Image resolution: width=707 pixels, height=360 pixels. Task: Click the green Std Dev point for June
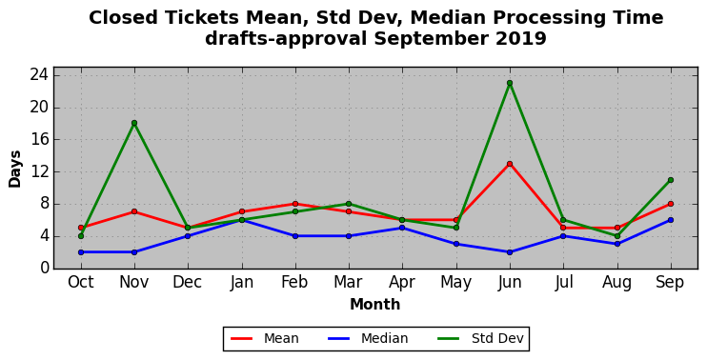tap(510, 83)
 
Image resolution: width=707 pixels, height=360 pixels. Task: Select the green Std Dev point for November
tap(134, 123)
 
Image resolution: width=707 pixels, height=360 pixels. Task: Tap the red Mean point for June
tap(510, 164)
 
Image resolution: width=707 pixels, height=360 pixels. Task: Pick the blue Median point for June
tap(510, 252)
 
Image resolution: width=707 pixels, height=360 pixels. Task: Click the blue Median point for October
tap(81, 252)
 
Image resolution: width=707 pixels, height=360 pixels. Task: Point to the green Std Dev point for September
tap(671, 180)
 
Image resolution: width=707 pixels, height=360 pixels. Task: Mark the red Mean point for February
tap(295, 204)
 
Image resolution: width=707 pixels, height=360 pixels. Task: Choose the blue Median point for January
tap(242, 220)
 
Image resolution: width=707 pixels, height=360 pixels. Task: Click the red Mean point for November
tap(134, 211)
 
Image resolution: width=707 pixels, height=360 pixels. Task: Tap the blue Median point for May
tap(455, 244)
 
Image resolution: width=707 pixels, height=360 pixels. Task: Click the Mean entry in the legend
tap(265, 338)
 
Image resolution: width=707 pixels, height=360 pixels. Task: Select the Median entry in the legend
tap(368, 338)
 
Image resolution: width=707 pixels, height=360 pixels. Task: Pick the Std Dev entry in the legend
tap(480, 338)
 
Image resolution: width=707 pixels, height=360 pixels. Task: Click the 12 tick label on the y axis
tap(40, 171)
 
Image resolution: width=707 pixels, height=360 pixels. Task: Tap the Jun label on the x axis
tap(510, 283)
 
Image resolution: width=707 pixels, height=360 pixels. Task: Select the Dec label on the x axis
tap(188, 283)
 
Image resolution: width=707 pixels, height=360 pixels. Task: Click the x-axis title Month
tap(375, 304)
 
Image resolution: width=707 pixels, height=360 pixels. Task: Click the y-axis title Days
tap(15, 169)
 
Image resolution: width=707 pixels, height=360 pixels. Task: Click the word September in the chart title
tap(431, 39)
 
